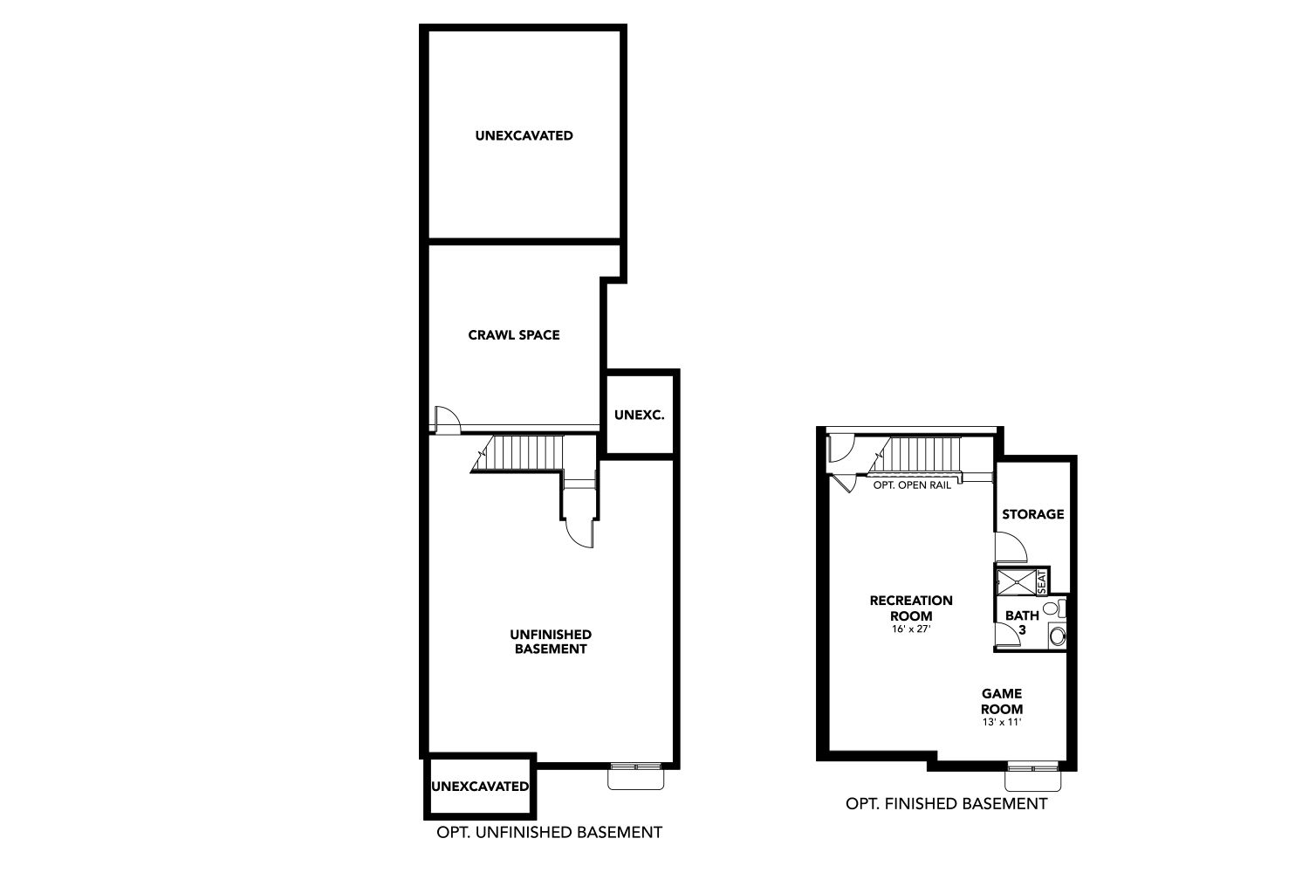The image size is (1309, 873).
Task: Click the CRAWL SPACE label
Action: [x=514, y=335]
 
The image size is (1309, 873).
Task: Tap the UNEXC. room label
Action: [x=640, y=416]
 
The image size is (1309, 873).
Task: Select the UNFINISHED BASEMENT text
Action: [x=551, y=642]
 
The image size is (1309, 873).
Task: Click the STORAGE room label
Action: [x=1032, y=514]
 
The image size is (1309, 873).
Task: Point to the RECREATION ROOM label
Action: [x=911, y=608]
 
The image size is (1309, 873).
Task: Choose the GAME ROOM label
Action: [x=1002, y=701]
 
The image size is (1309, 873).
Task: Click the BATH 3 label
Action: [x=1022, y=622]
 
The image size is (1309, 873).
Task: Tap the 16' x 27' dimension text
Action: [x=911, y=629]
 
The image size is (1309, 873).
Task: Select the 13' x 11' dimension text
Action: [x=1002, y=722]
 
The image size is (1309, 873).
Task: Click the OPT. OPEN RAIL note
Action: [x=912, y=485]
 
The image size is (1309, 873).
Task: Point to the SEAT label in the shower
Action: [x=1042, y=581]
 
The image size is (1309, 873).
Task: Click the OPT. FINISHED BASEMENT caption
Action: [x=946, y=804]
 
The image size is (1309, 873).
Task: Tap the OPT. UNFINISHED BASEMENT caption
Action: [x=549, y=832]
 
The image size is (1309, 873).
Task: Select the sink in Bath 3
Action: [x=1057, y=636]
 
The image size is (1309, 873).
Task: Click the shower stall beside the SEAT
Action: [x=1017, y=582]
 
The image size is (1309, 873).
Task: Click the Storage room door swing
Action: [x=1011, y=547]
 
